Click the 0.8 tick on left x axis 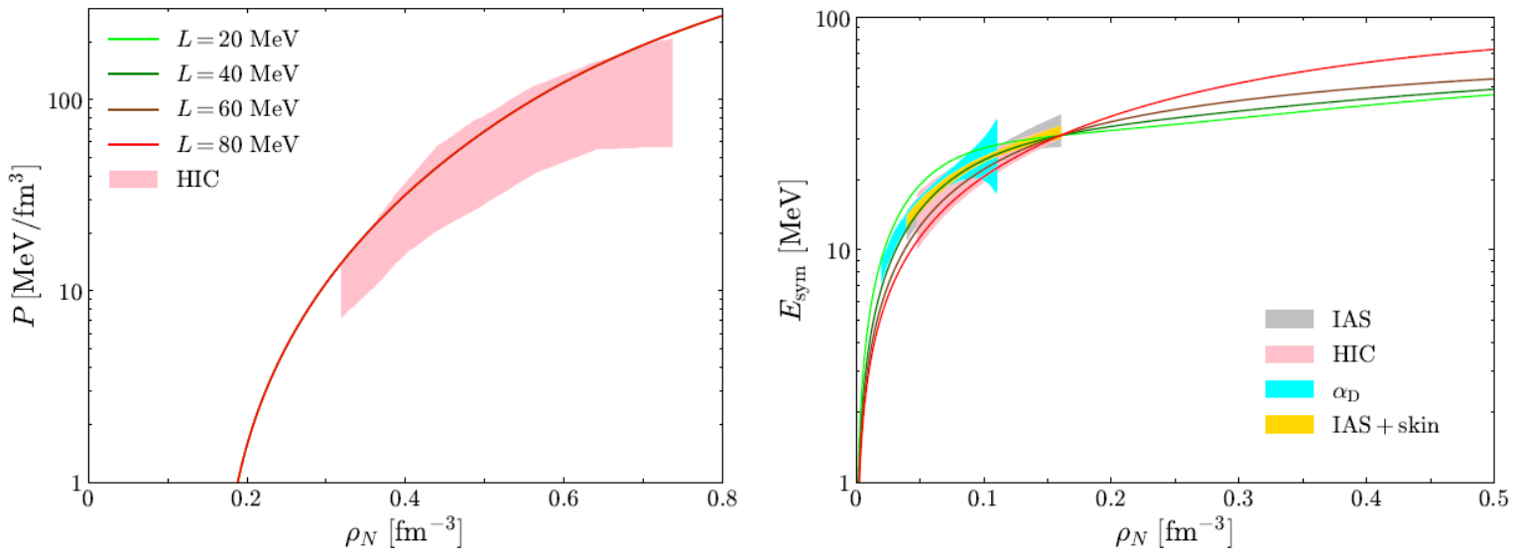click(721, 498)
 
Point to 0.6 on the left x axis click(564, 498)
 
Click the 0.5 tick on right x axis click(1492, 498)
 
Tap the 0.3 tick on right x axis click(1237, 498)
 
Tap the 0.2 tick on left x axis click(247, 498)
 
